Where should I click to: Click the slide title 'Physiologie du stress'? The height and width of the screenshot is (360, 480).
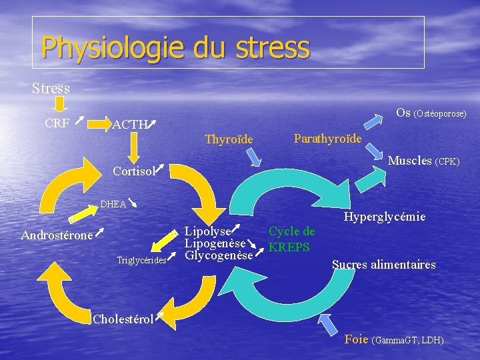pos(175,47)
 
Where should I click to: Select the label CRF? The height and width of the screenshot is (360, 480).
pos(57,123)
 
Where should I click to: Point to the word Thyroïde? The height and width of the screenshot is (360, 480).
pos(229,139)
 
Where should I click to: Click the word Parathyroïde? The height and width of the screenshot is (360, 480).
pos(327,139)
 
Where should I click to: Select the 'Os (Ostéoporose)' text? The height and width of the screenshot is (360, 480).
pos(431,113)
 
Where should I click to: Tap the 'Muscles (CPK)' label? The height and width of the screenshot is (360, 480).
pos(423,161)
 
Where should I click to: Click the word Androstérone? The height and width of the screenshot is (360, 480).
pos(57,235)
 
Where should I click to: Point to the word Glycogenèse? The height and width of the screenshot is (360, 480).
pos(219,255)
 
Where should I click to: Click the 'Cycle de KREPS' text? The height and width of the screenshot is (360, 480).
pos(291,239)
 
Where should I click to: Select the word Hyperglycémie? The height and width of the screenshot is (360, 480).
pos(385,217)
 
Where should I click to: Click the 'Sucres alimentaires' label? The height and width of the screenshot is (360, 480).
pos(383,265)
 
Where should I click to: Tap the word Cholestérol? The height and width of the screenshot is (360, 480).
pos(123,318)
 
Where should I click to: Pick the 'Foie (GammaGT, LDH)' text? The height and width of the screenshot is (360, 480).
pos(394,339)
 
